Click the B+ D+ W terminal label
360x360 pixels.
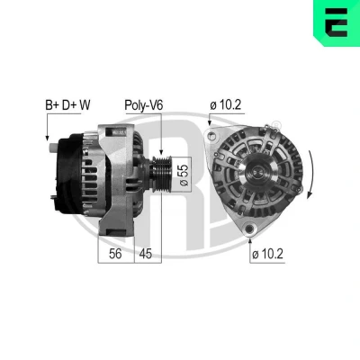click(x=67, y=105)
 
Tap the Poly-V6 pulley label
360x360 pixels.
click(x=144, y=105)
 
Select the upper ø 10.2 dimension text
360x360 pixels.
click(x=225, y=105)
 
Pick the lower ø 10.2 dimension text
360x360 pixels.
click(x=267, y=254)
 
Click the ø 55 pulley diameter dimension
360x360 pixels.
click(x=184, y=175)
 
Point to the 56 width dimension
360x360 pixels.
click(x=115, y=254)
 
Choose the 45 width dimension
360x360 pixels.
click(x=146, y=254)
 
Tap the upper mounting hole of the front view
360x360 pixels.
click(x=212, y=136)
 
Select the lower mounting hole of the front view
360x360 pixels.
click(x=249, y=229)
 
